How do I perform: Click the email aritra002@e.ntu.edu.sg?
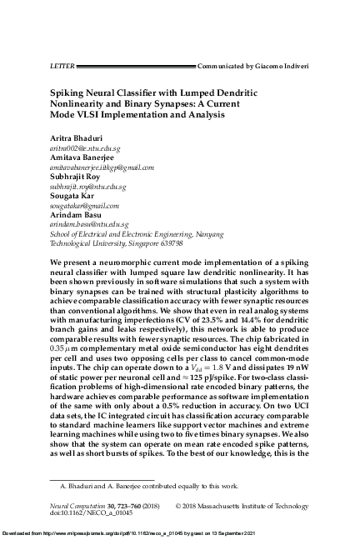point(78,147)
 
